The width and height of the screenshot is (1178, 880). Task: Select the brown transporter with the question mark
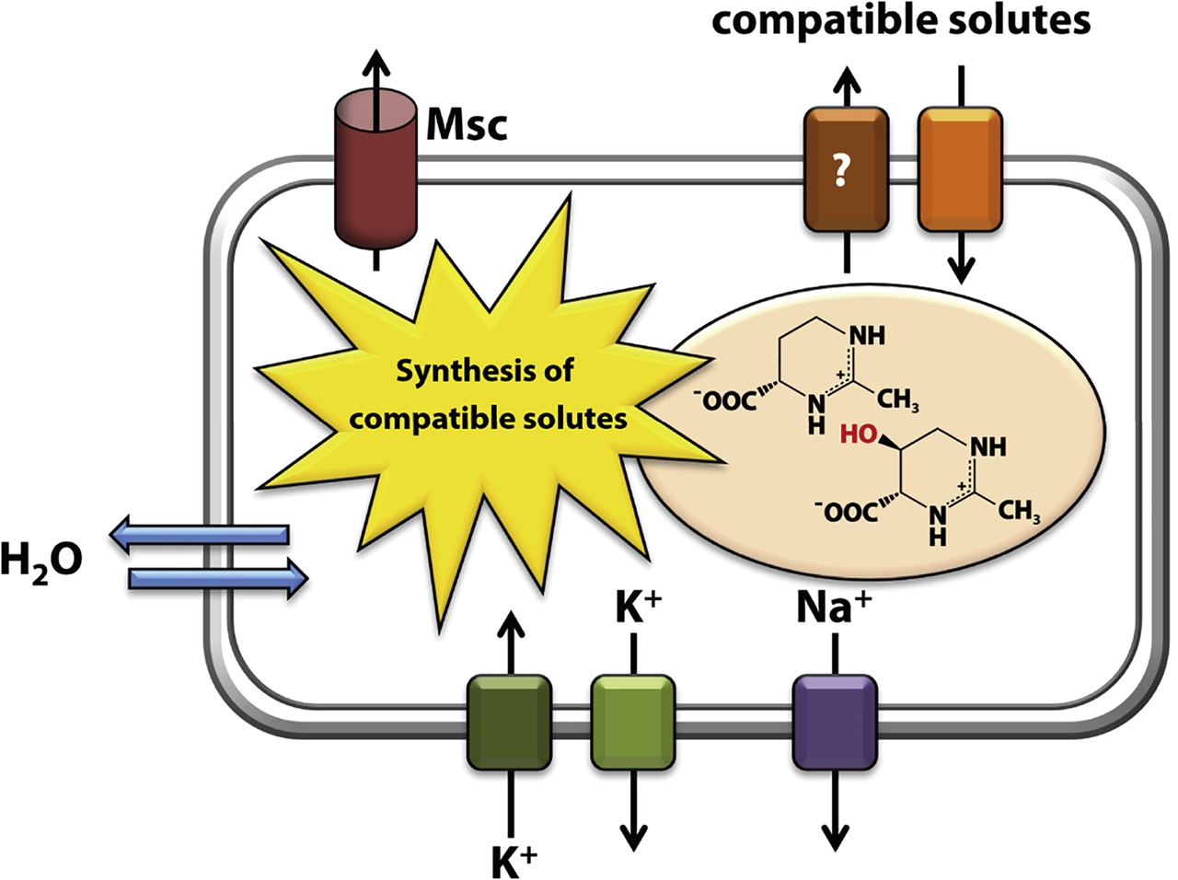coord(846,169)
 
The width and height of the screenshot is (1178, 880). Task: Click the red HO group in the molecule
coord(859,434)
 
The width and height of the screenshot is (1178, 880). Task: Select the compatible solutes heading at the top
coord(901,20)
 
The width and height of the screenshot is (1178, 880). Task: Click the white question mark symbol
coord(840,172)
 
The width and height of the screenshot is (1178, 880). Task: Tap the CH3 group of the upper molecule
coord(895,400)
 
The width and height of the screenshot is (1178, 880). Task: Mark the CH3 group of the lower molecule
coord(1019,511)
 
